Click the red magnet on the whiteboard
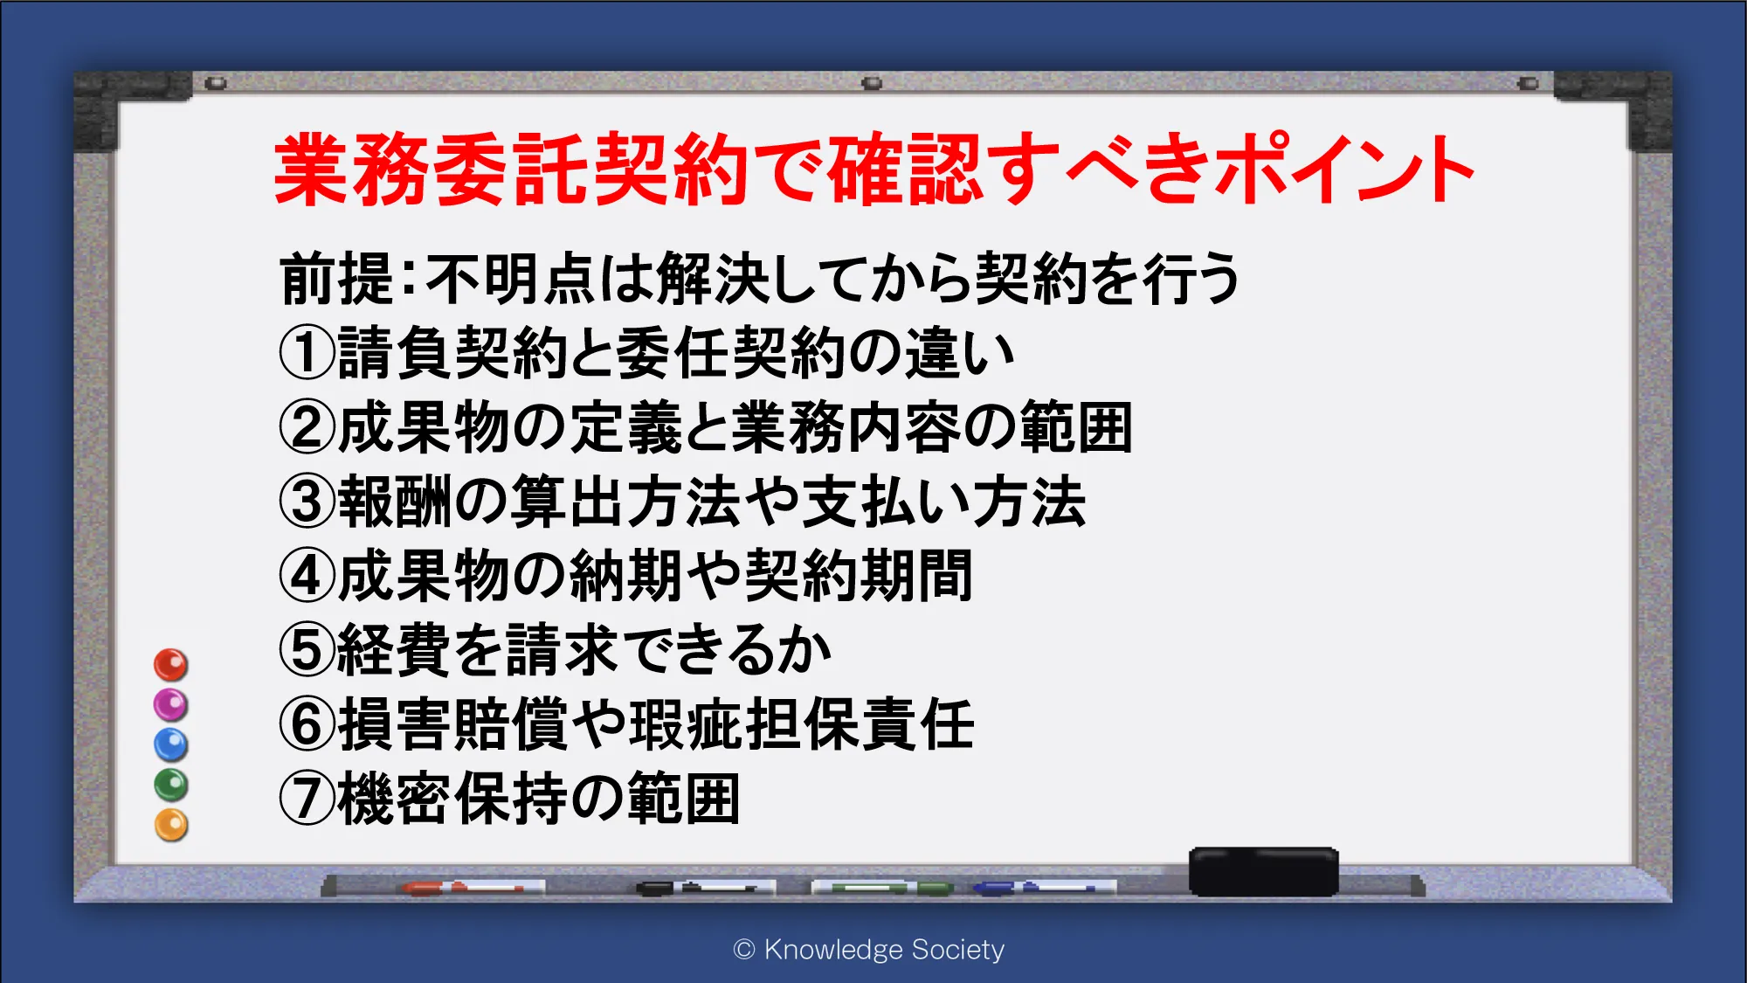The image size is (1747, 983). pos(171,665)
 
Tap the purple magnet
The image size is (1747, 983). pos(171,705)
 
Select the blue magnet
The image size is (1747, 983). pos(171,745)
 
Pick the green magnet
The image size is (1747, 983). pos(171,786)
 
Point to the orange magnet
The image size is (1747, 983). pos(171,826)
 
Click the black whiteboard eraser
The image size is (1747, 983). pos(1263,871)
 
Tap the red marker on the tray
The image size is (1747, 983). pos(463,888)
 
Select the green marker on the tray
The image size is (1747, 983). pos(884,888)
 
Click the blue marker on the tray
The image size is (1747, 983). pos(1035,888)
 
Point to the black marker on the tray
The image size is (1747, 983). pos(696,888)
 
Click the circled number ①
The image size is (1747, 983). pos(307,353)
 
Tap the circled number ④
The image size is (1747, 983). pos(307,576)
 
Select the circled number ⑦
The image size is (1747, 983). pos(307,799)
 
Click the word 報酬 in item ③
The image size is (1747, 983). pos(395,502)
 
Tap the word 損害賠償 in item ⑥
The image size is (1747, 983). pos(453,724)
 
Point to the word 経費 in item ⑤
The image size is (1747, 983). pos(395,650)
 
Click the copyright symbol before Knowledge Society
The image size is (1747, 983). pos(744,950)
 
